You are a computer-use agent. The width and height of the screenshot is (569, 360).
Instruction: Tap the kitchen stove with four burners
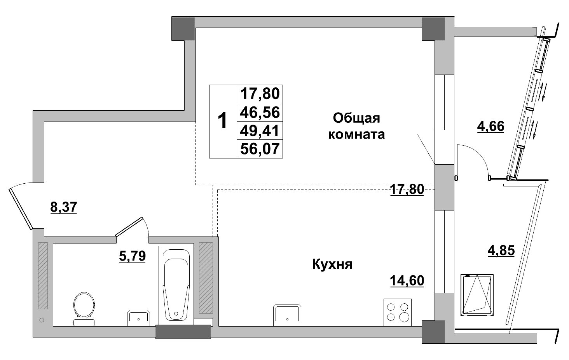397,312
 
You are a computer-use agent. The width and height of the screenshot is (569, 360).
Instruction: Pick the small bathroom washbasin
138,317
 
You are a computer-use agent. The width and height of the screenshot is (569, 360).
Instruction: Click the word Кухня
332,264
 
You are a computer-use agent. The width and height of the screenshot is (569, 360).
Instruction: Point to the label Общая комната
356,126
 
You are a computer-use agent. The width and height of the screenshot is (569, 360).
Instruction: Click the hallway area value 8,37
64,207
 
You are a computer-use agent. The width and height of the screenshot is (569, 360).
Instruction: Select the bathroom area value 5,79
132,256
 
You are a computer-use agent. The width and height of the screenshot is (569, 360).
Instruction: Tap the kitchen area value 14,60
407,280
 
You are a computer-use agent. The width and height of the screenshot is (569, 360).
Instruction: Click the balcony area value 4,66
490,127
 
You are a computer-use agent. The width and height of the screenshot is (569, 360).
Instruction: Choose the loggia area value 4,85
501,250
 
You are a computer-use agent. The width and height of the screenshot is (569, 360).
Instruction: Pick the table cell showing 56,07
260,149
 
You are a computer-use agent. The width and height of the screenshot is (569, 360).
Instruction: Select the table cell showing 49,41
260,131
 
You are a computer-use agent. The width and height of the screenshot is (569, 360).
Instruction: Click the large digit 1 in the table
222,121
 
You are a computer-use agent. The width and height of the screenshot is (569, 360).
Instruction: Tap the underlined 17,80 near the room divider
407,190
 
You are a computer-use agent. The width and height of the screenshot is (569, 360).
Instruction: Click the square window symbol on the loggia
477,295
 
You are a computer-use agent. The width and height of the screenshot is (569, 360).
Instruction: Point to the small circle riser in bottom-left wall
42,320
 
